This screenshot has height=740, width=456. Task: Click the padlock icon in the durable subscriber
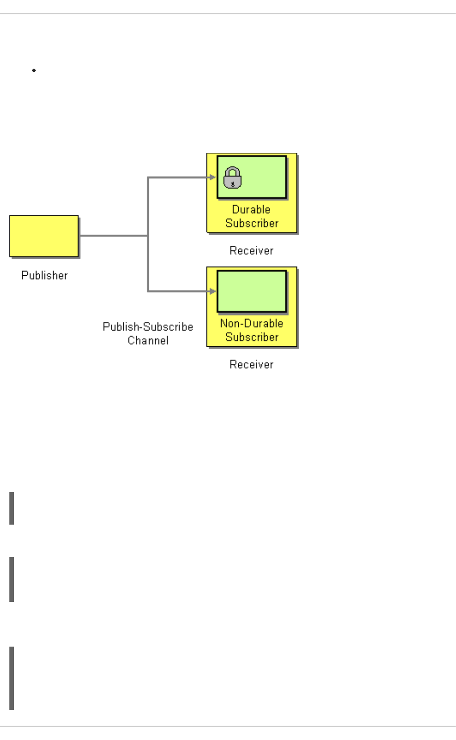(x=232, y=177)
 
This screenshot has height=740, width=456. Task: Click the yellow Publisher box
(x=44, y=236)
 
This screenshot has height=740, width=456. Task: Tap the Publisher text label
(x=44, y=275)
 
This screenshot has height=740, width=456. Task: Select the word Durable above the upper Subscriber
(x=251, y=210)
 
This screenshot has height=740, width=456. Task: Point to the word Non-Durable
(x=252, y=324)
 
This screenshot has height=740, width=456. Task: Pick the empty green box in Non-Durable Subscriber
(x=252, y=291)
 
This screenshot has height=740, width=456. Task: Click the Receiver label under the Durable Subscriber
(x=251, y=251)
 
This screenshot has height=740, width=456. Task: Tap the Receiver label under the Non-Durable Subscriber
(x=251, y=365)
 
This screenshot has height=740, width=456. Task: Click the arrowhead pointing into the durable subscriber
(x=213, y=177)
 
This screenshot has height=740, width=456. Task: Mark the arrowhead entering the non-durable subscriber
(x=213, y=291)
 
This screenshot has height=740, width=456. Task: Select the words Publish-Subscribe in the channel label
(x=148, y=327)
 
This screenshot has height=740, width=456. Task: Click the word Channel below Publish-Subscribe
(x=148, y=341)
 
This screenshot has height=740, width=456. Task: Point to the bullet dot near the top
(x=34, y=70)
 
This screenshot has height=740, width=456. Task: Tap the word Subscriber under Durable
(x=252, y=223)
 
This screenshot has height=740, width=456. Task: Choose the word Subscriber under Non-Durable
(x=252, y=337)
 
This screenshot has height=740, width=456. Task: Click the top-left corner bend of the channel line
(x=148, y=178)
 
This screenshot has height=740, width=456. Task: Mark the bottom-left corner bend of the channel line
(x=148, y=291)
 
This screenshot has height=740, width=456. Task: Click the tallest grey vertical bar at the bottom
(x=12, y=678)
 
